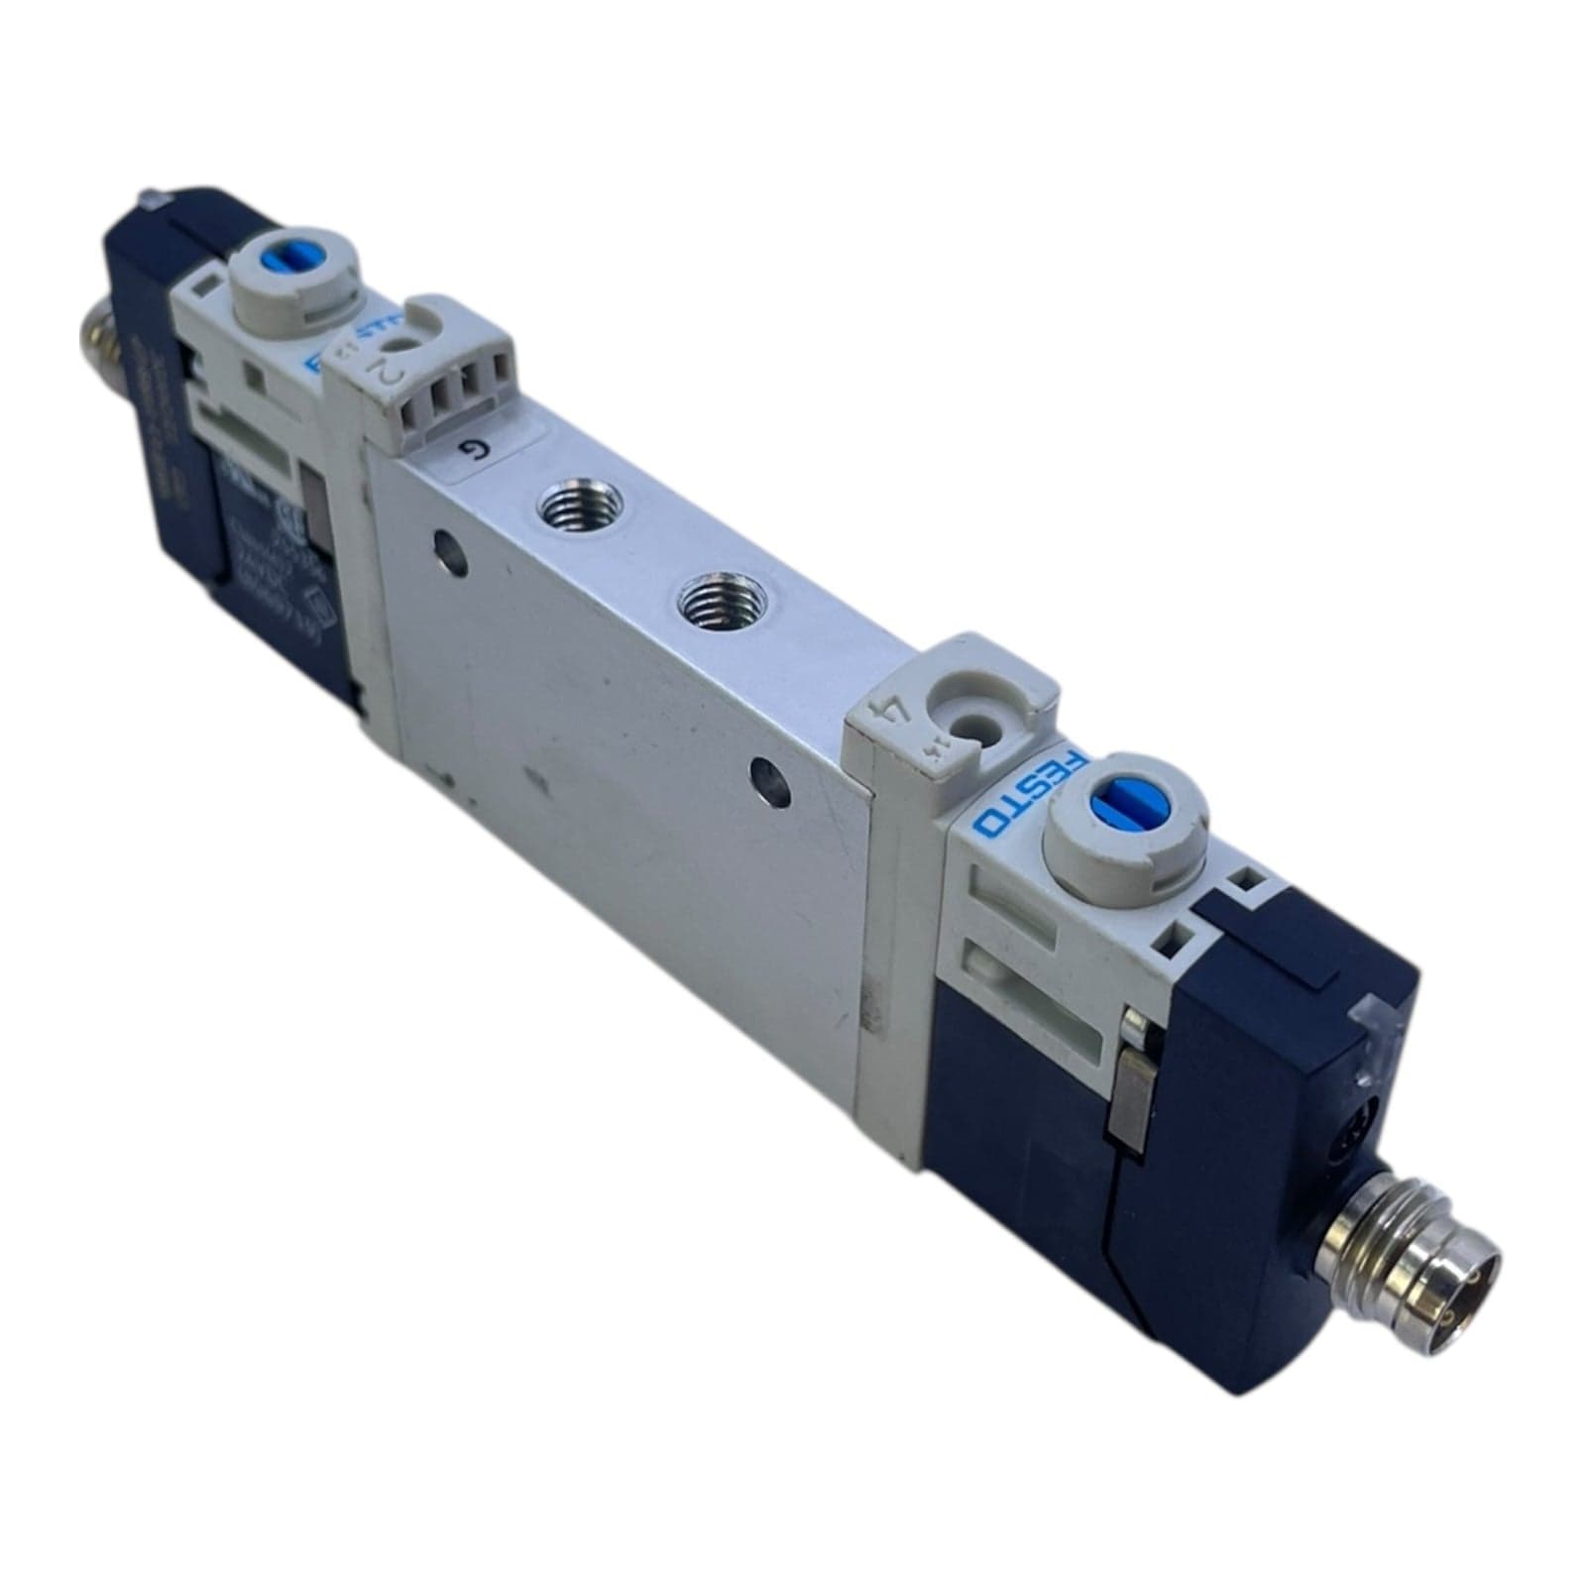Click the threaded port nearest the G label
click(559, 512)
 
